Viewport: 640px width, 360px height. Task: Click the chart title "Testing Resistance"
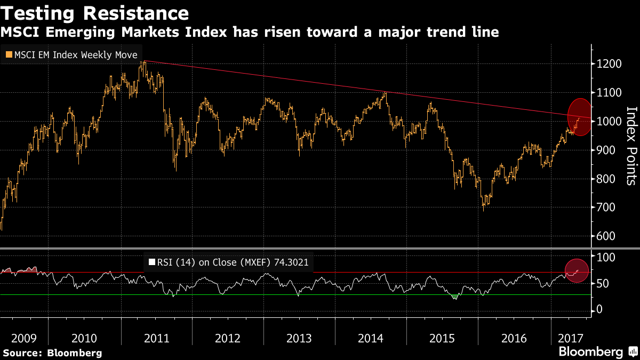click(x=94, y=12)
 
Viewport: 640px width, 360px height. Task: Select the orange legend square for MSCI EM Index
click(x=9, y=55)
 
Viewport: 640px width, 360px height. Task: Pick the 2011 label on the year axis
click(x=157, y=338)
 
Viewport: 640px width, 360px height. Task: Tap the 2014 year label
click(x=371, y=338)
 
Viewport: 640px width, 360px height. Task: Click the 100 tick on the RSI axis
click(x=606, y=257)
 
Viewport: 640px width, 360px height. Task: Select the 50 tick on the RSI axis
click(x=603, y=283)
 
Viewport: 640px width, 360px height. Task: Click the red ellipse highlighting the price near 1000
click(x=578, y=117)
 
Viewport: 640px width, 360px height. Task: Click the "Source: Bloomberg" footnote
click(x=52, y=353)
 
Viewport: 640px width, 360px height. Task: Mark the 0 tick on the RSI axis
click(x=600, y=309)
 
